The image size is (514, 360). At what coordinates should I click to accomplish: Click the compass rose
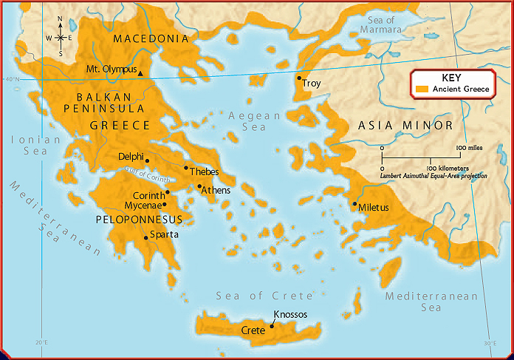click(59, 36)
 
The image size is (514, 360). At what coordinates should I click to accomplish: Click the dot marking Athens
click(199, 186)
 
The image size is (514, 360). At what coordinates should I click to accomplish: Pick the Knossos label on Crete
click(290, 314)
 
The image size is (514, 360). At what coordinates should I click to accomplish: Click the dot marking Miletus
click(355, 203)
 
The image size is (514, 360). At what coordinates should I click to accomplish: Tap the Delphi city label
click(131, 156)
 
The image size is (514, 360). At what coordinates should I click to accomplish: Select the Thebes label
click(205, 171)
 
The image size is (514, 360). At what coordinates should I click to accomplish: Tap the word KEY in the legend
click(450, 78)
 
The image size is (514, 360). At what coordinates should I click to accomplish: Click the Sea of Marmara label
click(380, 24)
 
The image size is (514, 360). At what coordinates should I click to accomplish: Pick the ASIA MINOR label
click(405, 126)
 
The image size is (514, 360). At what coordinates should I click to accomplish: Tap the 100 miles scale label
click(470, 149)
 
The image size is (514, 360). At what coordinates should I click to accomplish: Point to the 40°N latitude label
click(12, 80)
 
